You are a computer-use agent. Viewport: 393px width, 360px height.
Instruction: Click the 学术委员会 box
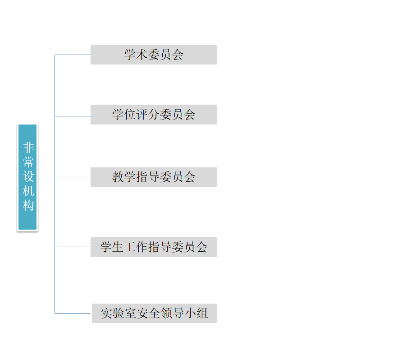pos(153,55)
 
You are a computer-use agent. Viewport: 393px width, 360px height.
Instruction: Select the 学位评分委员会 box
pos(153,115)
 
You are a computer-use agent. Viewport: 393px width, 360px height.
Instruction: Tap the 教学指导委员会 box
pos(153,177)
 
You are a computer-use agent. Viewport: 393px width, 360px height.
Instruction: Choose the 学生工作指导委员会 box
pos(153,247)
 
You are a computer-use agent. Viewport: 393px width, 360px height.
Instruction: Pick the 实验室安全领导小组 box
pos(154,313)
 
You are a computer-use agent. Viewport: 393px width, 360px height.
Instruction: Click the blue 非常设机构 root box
pos(27,177)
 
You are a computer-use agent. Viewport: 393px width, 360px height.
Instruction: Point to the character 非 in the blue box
pos(28,148)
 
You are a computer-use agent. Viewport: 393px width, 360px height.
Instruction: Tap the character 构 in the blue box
pos(28,206)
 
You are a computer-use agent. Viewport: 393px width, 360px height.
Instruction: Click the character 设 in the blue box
pos(28,176)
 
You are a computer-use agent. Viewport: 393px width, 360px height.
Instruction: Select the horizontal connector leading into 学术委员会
pos(73,55)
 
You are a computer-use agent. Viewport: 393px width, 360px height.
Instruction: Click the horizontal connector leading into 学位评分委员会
pos(73,116)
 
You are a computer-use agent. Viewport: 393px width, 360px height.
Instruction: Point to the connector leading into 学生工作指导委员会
pos(73,246)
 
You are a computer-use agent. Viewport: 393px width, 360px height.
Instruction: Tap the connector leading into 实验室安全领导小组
pos(73,313)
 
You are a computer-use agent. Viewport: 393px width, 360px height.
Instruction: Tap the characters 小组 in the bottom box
pos(196,313)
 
